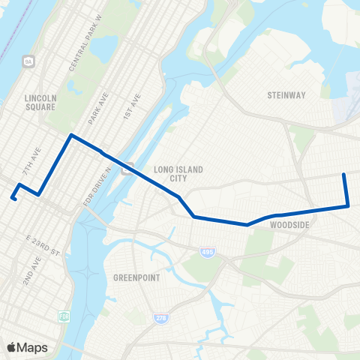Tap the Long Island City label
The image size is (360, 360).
click(x=178, y=174)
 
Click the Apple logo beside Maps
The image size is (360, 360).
click(x=12, y=347)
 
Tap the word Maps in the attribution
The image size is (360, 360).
click(x=32, y=347)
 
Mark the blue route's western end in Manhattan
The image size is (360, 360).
click(x=13, y=199)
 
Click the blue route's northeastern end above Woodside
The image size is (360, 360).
click(x=343, y=175)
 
